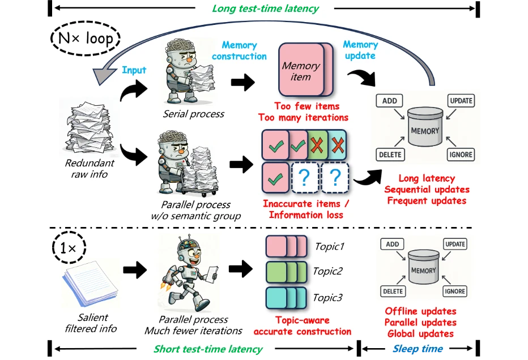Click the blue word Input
pos(134,70)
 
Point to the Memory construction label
pos(239,50)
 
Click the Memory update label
pos(360,50)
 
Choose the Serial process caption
pos(193,114)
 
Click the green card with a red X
pos(318,145)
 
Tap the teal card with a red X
pos(338,145)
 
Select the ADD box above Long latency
pos(390,101)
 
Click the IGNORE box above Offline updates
pos(455,292)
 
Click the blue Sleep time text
pos(418,349)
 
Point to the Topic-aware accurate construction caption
pos(302,326)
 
